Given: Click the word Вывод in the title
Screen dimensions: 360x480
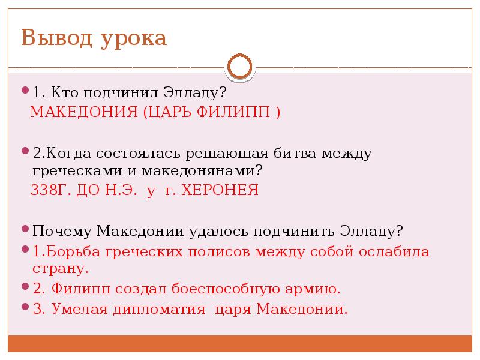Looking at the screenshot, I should (54, 38).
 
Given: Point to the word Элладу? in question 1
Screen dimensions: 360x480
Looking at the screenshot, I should (198, 94).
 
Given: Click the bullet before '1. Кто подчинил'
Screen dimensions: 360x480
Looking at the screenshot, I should (25, 91).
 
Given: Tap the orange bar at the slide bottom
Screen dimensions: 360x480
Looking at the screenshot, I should (240, 344).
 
